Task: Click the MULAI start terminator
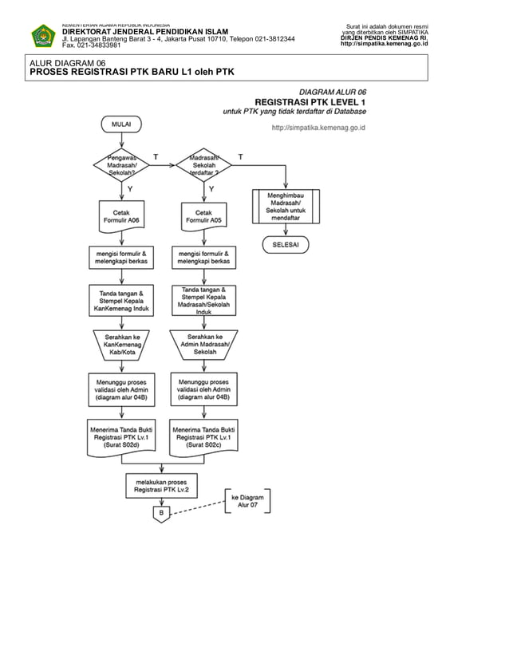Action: click(121, 124)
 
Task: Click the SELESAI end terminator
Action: click(286, 245)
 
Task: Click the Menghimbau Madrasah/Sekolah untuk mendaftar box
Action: click(286, 206)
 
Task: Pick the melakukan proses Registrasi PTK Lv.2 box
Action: click(162, 486)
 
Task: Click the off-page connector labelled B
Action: click(162, 513)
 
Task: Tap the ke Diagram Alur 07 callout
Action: click(248, 501)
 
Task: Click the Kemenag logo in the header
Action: click(42, 36)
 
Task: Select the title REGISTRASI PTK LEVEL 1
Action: click(310, 101)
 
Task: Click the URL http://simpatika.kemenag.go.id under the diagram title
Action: click(318, 127)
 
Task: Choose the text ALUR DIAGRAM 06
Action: click(67, 63)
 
